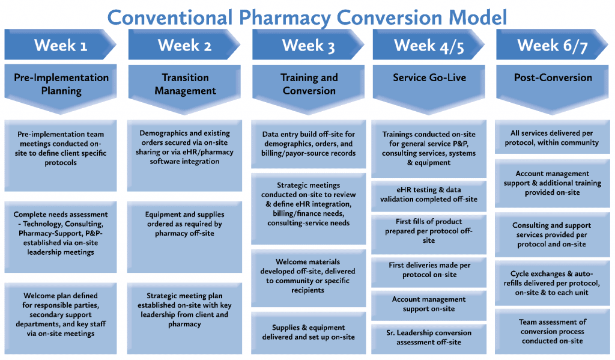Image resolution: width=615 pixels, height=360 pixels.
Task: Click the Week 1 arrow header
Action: tap(61, 45)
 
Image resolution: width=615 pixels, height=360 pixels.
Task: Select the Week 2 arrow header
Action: tap(184, 45)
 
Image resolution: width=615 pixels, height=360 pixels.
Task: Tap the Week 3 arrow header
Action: tap(308, 45)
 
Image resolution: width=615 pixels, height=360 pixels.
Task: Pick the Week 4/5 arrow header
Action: tap(429, 45)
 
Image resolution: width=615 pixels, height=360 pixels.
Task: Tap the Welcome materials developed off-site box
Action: tap(308, 276)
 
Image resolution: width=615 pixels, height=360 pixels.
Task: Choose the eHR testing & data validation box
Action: tap(429, 194)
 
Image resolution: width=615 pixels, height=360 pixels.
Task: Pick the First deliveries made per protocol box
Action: tap(429, 270)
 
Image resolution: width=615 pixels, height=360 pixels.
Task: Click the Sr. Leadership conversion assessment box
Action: tap(429, 337)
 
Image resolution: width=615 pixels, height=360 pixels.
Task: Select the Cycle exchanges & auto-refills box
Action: tap(553, 283)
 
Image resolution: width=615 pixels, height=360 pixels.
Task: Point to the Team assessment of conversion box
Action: tap(553, 331)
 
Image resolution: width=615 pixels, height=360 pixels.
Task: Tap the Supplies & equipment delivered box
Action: tap(308, 332)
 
